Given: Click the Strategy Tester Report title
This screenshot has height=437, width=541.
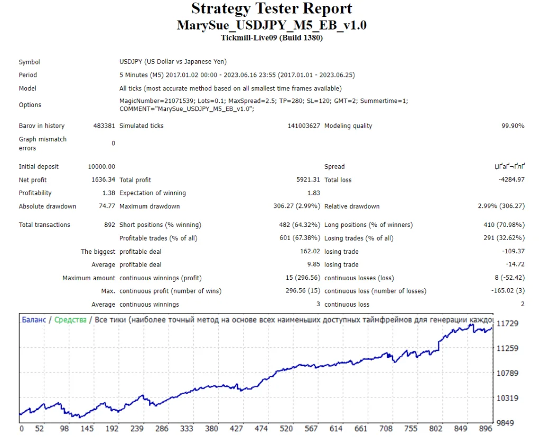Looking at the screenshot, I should pos(272,9).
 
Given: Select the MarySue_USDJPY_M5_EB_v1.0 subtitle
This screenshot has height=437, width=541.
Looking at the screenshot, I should pos(272,25).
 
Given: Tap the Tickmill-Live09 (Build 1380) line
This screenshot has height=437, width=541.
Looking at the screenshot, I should pos(272,37).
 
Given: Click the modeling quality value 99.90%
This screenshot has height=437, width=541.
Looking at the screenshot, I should pos(511,126).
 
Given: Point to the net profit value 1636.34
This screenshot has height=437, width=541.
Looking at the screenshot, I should pos(103,180).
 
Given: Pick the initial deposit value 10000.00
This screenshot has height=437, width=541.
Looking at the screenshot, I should pos(101,167).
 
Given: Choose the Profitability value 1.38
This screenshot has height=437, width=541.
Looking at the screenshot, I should pos(108,193).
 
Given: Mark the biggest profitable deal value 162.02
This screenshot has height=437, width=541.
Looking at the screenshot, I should pos(310,252).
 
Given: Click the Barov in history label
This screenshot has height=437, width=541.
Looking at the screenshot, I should pos(42,126).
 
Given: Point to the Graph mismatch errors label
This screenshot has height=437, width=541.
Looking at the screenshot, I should pos(43,144).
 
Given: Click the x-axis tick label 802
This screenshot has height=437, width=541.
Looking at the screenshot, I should pos(435,429).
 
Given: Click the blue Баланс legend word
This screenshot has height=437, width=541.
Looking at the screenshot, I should pos(35,320).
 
